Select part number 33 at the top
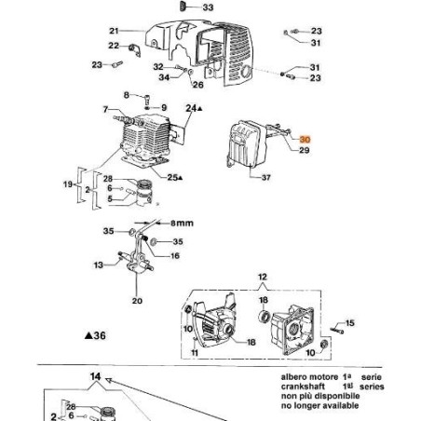pyautogui.click(x=207, y=7)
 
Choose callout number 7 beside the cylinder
pyautogui.click(x=105, y=110)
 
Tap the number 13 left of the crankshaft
pyautogui.click(x=98, y=265)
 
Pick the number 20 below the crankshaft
pyautogui.click(x=137, y=300)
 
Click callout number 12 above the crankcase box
pyautogui.click(x=262, y=277)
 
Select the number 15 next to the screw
pyautogui.click(x=350, y=323)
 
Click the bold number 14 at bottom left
pyautogui.click(x=93, y=376)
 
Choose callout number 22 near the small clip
pyautogui.click(x=114, y=46)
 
